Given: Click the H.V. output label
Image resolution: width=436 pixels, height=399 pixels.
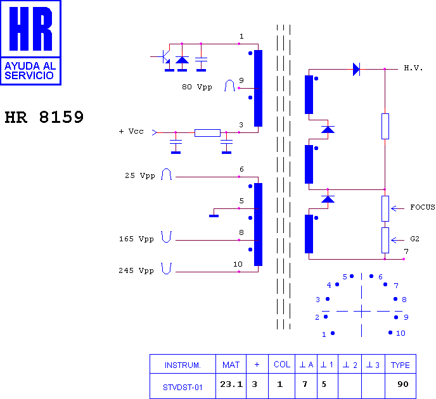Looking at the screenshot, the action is point(413,68).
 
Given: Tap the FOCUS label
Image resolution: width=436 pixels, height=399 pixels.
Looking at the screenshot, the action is point(423,207).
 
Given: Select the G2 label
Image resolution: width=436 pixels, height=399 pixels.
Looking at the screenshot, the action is point(414,239).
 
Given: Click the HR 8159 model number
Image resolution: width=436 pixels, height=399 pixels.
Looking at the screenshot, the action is point(44,117).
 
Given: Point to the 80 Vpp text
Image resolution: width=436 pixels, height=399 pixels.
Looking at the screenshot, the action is point(197,87).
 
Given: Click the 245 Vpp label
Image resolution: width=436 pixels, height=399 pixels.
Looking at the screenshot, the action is point(136,270).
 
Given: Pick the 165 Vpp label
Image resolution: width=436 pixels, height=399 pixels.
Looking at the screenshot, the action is point(136,239).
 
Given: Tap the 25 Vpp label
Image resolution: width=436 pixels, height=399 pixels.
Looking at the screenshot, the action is point(140,175).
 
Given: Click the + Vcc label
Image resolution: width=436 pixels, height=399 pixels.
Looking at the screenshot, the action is point(131,131).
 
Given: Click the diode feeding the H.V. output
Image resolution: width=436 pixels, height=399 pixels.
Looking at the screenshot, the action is point(356,69).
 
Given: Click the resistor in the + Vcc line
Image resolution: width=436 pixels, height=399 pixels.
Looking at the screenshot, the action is point(207,133).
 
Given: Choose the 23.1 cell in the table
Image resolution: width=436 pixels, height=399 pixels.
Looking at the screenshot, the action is point(231,384).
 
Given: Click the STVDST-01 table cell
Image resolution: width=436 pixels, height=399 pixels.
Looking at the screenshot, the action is point(183,388).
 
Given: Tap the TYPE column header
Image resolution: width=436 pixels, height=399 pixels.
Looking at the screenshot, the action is point(401,365).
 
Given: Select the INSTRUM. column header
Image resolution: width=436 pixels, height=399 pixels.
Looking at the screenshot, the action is point(183,365).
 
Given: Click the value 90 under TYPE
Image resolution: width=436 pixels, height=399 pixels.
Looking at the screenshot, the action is point(403,384).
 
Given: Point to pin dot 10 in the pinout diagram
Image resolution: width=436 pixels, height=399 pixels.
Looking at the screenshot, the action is point(390,332).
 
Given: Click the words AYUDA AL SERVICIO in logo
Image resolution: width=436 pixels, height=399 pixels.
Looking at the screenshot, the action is point(30,70).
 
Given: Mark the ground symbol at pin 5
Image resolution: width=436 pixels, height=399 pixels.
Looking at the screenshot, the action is point(214,216).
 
